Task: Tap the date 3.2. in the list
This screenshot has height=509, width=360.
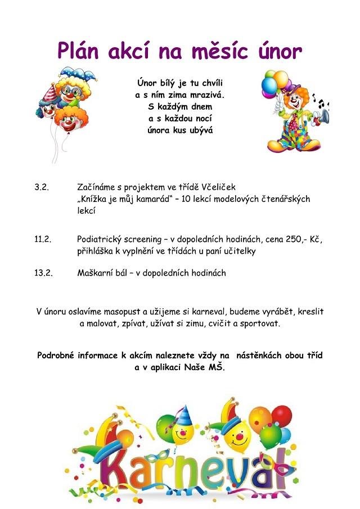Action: point(42,187)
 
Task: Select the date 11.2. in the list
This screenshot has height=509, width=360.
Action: point(43,239)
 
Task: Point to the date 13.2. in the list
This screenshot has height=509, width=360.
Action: point(43,273)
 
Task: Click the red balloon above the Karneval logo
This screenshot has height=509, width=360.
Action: point(281,416)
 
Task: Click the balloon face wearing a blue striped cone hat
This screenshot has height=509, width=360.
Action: point(181,431)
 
